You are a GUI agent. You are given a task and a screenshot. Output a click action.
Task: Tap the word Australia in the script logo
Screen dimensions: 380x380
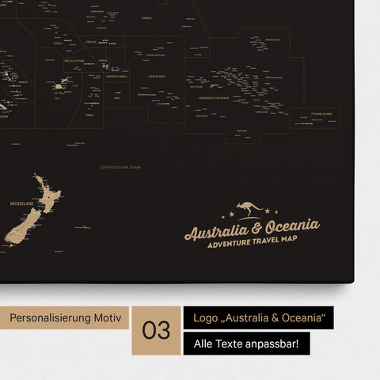tap(215, 231)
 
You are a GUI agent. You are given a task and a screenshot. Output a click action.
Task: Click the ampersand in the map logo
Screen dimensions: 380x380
tap(252, 230)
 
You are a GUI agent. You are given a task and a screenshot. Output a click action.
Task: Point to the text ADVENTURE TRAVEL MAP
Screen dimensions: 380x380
tap(251, 244)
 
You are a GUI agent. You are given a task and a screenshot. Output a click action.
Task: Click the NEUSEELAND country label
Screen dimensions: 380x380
tap(21, 203)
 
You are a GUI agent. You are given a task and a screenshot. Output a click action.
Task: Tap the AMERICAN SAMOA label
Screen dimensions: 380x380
tap(116, 77)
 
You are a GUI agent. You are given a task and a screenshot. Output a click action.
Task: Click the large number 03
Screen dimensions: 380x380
tap(157, 329)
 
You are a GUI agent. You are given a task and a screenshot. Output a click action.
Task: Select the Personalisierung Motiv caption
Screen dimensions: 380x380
tap(66, 317)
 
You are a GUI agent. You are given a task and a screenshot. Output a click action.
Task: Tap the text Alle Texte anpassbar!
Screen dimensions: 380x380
tap(246, 344)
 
